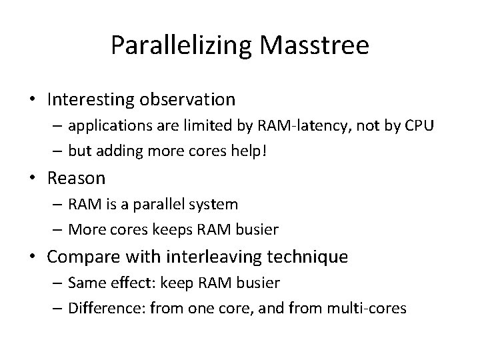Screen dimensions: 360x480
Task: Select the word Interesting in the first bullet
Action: coord(86,100)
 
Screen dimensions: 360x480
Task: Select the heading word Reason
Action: coord(76,178)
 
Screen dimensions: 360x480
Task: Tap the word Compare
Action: coord(79,257)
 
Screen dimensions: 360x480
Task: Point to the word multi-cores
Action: coord(371,308)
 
